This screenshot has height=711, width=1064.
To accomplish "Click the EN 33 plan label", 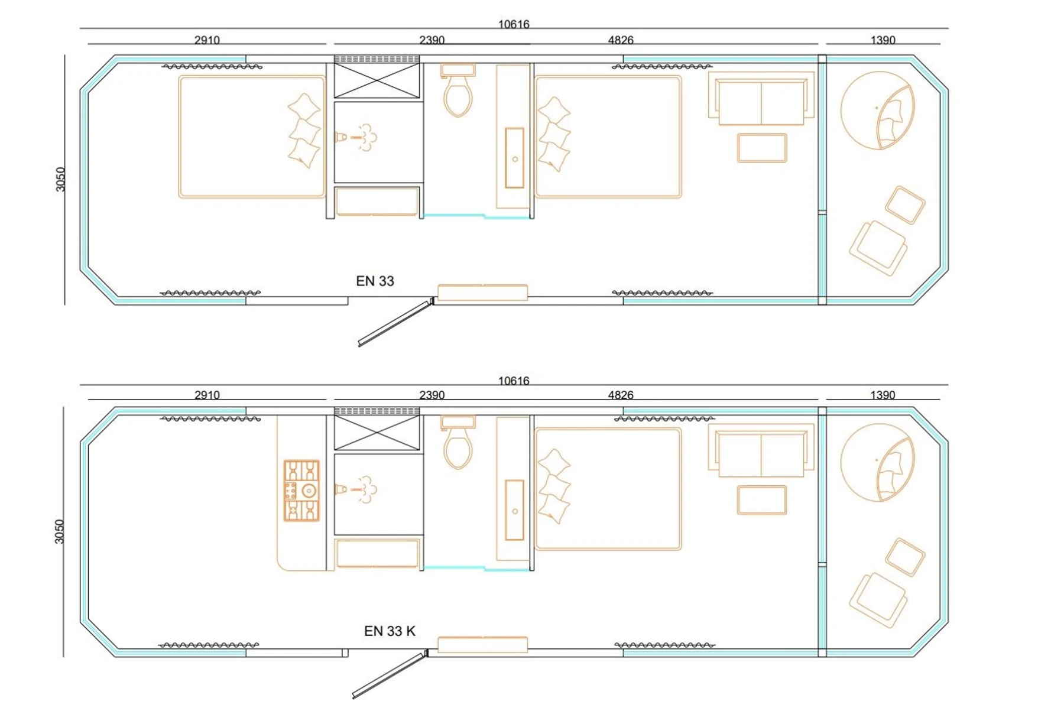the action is (x=375, y=281).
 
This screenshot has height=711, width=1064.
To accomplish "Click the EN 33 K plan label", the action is (x=390, y=631).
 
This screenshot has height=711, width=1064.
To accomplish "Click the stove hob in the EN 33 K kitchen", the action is (x=301, y=491).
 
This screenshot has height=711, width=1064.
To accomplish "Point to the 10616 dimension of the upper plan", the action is (x=514, y=24).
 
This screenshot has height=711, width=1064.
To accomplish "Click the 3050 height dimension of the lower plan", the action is (x=59, y=531).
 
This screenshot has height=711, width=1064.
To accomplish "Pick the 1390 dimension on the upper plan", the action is (x=883, y=40).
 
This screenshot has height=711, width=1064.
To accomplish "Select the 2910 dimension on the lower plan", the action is (x=207, y=395).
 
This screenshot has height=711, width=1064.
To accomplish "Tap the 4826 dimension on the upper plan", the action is (x=621, y=40).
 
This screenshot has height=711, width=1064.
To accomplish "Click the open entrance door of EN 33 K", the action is (x=390, y=674).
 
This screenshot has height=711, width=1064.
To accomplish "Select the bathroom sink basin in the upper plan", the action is (x=514, y=158).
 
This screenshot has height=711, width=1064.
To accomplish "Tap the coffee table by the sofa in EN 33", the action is (x=762, y=148).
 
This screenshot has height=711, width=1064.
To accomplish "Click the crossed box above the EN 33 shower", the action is (x=377, y=80).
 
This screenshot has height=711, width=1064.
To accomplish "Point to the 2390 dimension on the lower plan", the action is (x=432, y=395).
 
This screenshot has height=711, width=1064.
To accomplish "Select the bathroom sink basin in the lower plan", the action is (x=514, y=510).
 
